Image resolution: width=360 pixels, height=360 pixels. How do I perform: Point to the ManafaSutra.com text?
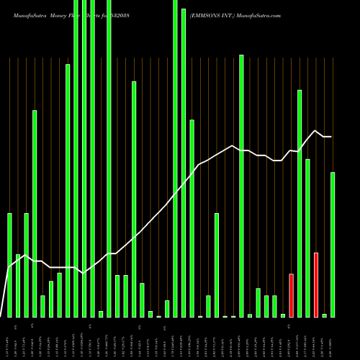pos(264,14)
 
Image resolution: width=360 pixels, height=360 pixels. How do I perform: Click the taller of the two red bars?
pos(316,284)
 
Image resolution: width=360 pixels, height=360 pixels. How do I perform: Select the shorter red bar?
pos(291,295)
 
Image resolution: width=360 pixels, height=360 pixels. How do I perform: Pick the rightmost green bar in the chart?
pos(333,245)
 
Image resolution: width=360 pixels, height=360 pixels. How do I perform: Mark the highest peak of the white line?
pos(315,130)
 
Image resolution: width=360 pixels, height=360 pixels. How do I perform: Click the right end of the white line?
pos(331,137)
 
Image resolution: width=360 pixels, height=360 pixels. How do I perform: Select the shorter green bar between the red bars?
pos(307,238)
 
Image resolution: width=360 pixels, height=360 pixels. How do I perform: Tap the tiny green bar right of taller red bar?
pos(324,315)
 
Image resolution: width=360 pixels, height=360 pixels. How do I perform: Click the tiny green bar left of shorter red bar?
pos(283,315)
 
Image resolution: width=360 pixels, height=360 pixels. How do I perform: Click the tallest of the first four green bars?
pos(35,213)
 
